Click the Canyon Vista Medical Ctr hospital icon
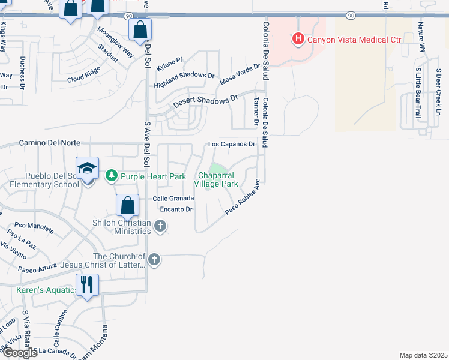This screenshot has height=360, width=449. point(297,40)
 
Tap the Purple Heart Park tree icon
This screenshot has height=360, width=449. point(111,176)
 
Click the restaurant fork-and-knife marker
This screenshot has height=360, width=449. point(87,284)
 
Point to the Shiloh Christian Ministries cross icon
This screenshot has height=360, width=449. point(160,226)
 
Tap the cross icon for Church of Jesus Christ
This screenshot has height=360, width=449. point(154,259)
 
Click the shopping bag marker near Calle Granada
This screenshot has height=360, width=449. point(128,206)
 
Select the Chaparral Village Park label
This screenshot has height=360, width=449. point(216,179)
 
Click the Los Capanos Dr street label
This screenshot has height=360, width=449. point(232,144)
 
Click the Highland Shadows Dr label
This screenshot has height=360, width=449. point(184,76)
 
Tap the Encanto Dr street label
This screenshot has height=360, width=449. point(176,209)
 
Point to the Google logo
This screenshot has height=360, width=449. point(19,353)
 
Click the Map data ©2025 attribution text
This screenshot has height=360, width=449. point(423,355)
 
